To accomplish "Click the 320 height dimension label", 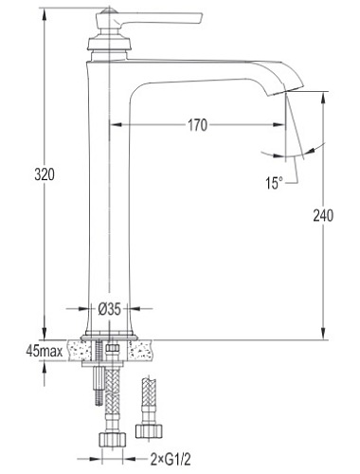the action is tap(45, 174).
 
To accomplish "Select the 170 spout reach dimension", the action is tap(198, 125).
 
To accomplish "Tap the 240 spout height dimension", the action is tap(323, 216).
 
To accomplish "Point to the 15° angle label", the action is tap(274, 183).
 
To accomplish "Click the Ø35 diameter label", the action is tap(109, 309).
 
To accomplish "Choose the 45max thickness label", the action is tap(45, 351).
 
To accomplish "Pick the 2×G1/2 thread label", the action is tap(171, 459).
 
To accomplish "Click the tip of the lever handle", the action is tap(201, 18).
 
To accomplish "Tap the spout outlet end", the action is tap(285, 89).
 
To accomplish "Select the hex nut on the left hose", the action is tap(113, 439).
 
